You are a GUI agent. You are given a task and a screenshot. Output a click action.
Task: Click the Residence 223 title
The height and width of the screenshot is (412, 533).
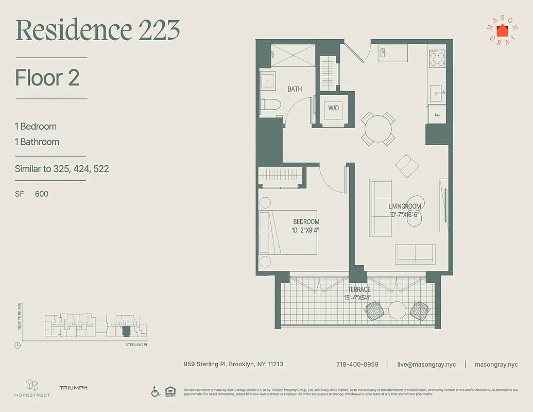click(98, 30)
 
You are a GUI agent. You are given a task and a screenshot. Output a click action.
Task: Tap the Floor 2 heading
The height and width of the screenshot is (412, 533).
click(47, 78)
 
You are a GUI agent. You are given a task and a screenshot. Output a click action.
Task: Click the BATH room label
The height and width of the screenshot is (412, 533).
click(295, 89)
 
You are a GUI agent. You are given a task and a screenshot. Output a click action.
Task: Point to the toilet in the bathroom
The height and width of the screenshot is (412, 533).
click(269, 106)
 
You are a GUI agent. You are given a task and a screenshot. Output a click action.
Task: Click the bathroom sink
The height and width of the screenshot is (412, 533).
click(267, 80)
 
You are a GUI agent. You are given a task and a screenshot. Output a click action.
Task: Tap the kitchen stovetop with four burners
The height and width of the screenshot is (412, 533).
click(437, 59)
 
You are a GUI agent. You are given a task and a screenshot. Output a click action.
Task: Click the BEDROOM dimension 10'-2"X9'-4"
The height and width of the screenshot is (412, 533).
click(306, 230)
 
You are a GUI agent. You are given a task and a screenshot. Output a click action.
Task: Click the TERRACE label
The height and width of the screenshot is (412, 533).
click(358, 290)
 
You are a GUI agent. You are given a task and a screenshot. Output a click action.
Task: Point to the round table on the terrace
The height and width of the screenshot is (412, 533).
click(397, 310)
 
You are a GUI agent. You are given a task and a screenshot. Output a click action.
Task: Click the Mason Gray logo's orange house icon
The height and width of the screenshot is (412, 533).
click(502, 31)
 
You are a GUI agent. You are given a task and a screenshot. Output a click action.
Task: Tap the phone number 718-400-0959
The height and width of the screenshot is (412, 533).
click(357, 364)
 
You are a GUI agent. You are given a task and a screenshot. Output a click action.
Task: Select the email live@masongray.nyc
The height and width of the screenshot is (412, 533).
click(426, 364)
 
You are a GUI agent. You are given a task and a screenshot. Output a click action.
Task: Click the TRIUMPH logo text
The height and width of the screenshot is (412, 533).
click(73, 388)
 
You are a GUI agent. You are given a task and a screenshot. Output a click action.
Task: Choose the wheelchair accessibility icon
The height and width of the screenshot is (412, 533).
click(156, 391)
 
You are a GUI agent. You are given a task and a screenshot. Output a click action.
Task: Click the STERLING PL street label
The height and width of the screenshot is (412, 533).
click(136, 345)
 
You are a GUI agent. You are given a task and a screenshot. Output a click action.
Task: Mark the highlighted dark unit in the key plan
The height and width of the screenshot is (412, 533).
click(126, 331)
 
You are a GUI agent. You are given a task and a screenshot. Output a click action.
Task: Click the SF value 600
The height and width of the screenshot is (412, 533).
click(42, 194)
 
